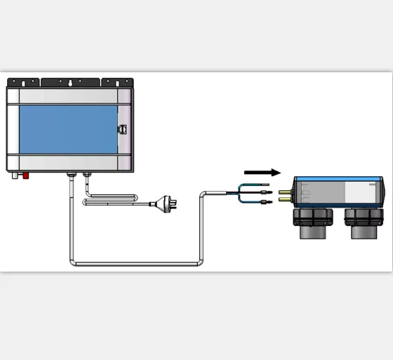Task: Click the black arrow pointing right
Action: [x=262, y=172]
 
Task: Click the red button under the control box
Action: [x=26, y=175]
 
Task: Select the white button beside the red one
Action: [x=14, y=175]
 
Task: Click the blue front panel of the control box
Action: [x=68, y=131]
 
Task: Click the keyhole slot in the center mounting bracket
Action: [x=70, y=82]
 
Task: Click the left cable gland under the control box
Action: [x=70, y=173]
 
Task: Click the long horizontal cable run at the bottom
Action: [x=133, y=264]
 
